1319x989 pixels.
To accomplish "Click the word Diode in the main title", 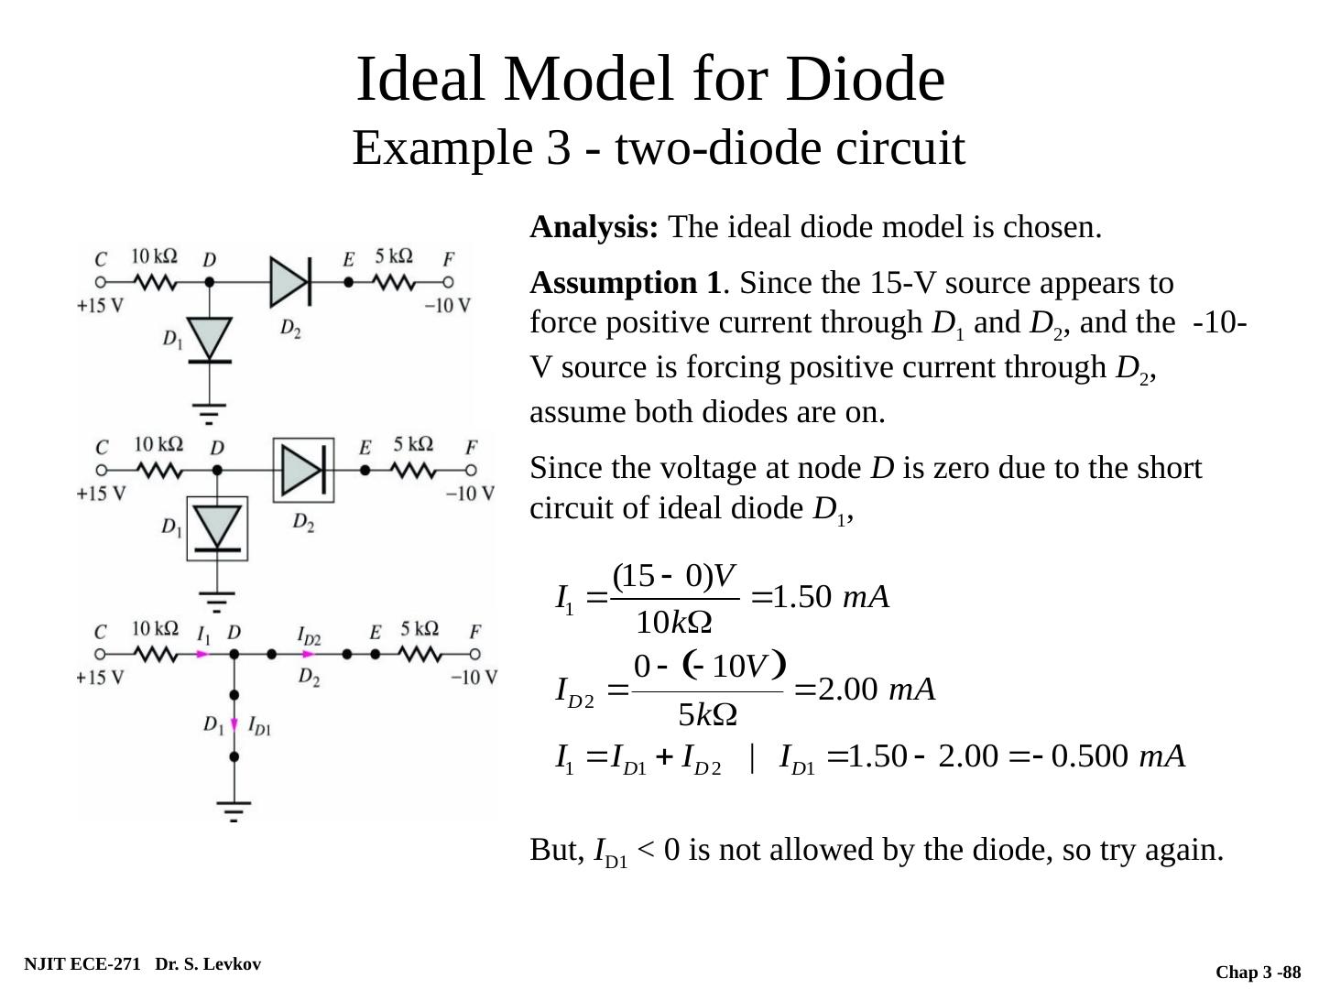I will pyautogui.click(x=865, y=79).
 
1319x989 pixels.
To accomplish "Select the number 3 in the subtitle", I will pyautogui.click(x=558, y=148).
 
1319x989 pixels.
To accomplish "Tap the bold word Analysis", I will pyautogui.click(x=594, y=227).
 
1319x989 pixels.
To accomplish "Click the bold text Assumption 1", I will pyautogui.click(x=625, y=284).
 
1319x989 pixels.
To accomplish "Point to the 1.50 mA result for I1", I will pyautogui.click(x=831, y=597).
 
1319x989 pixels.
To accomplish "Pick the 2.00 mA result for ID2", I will pyautogui.click(x=876, y=689).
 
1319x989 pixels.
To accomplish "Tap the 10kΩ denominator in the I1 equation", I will pyautogui.click(x=674, y=623).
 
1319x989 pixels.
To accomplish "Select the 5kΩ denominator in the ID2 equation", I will pyautogui.click(x=707, y=714).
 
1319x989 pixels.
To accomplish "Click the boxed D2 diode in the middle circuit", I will pyautogui.click(x=303, y=471).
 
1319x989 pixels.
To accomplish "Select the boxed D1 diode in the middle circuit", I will pyautogui.click(x=217, y=527).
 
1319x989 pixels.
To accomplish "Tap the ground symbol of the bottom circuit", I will pyautogui.click(x=234, y=810).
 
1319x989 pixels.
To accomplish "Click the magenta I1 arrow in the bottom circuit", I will pyautogui.click(x=203, y=655).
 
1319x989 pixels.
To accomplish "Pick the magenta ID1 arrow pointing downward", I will pyautogui.click(x=234, y=725).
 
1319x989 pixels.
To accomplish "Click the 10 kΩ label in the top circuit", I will pyautogui.click(x=155, y=256).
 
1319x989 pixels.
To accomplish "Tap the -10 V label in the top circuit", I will pyautogui.click(x=448, y=306).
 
